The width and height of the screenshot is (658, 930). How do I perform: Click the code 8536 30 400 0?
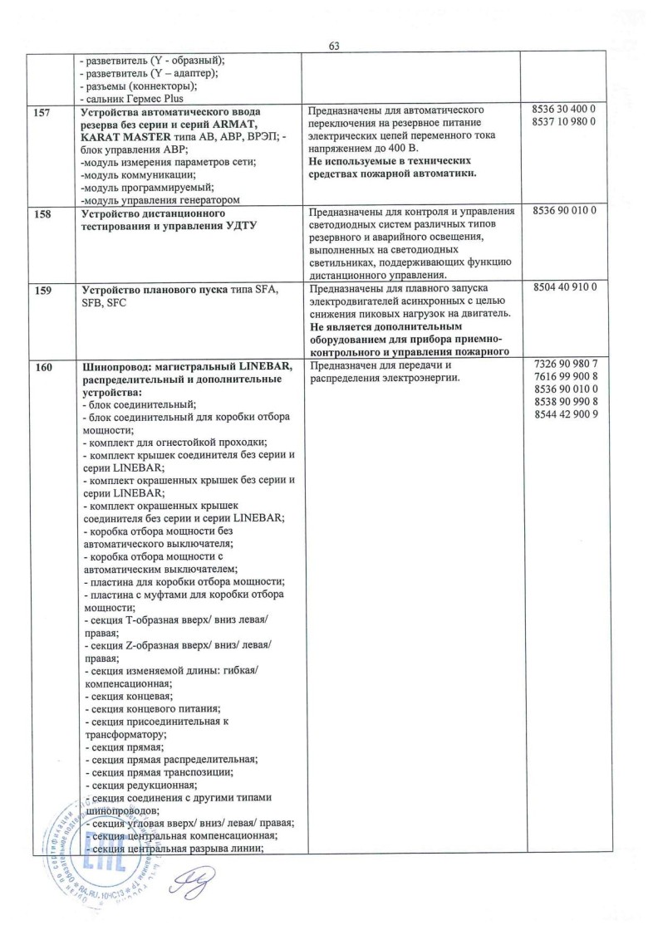(x=562, y=109)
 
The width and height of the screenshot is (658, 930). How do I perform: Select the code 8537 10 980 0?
(x=562, y=122)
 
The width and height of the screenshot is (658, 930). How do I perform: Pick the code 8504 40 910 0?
(x=562, y=288)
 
